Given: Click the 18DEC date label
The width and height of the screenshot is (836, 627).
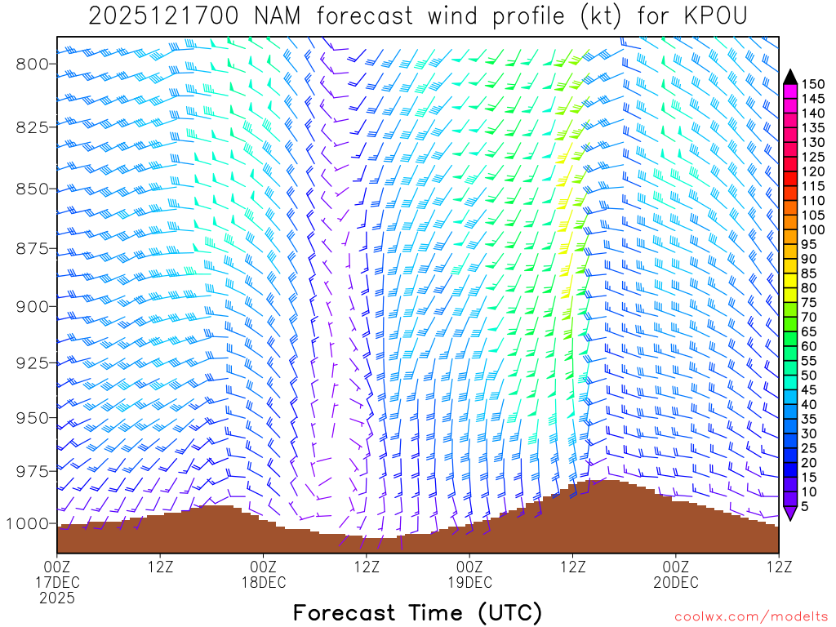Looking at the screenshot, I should (x=264, y=582).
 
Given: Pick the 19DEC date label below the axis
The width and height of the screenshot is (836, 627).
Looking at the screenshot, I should (x=470, y=582).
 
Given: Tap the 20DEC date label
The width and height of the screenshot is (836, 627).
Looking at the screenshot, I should (x=676, y=582).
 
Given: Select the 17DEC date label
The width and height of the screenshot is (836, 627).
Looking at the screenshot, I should (x=57, y=582).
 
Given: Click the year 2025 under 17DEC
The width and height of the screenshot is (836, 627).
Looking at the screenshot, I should (x=57, y=598).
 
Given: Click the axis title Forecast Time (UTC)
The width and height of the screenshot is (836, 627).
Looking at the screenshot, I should (x=417, y=612).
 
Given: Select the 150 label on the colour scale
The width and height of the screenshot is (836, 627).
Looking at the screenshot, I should (x=813, y=84).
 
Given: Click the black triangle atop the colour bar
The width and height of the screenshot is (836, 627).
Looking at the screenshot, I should (x=790, y=76).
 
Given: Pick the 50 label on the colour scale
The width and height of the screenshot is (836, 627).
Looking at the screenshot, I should (x=810, y=376).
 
